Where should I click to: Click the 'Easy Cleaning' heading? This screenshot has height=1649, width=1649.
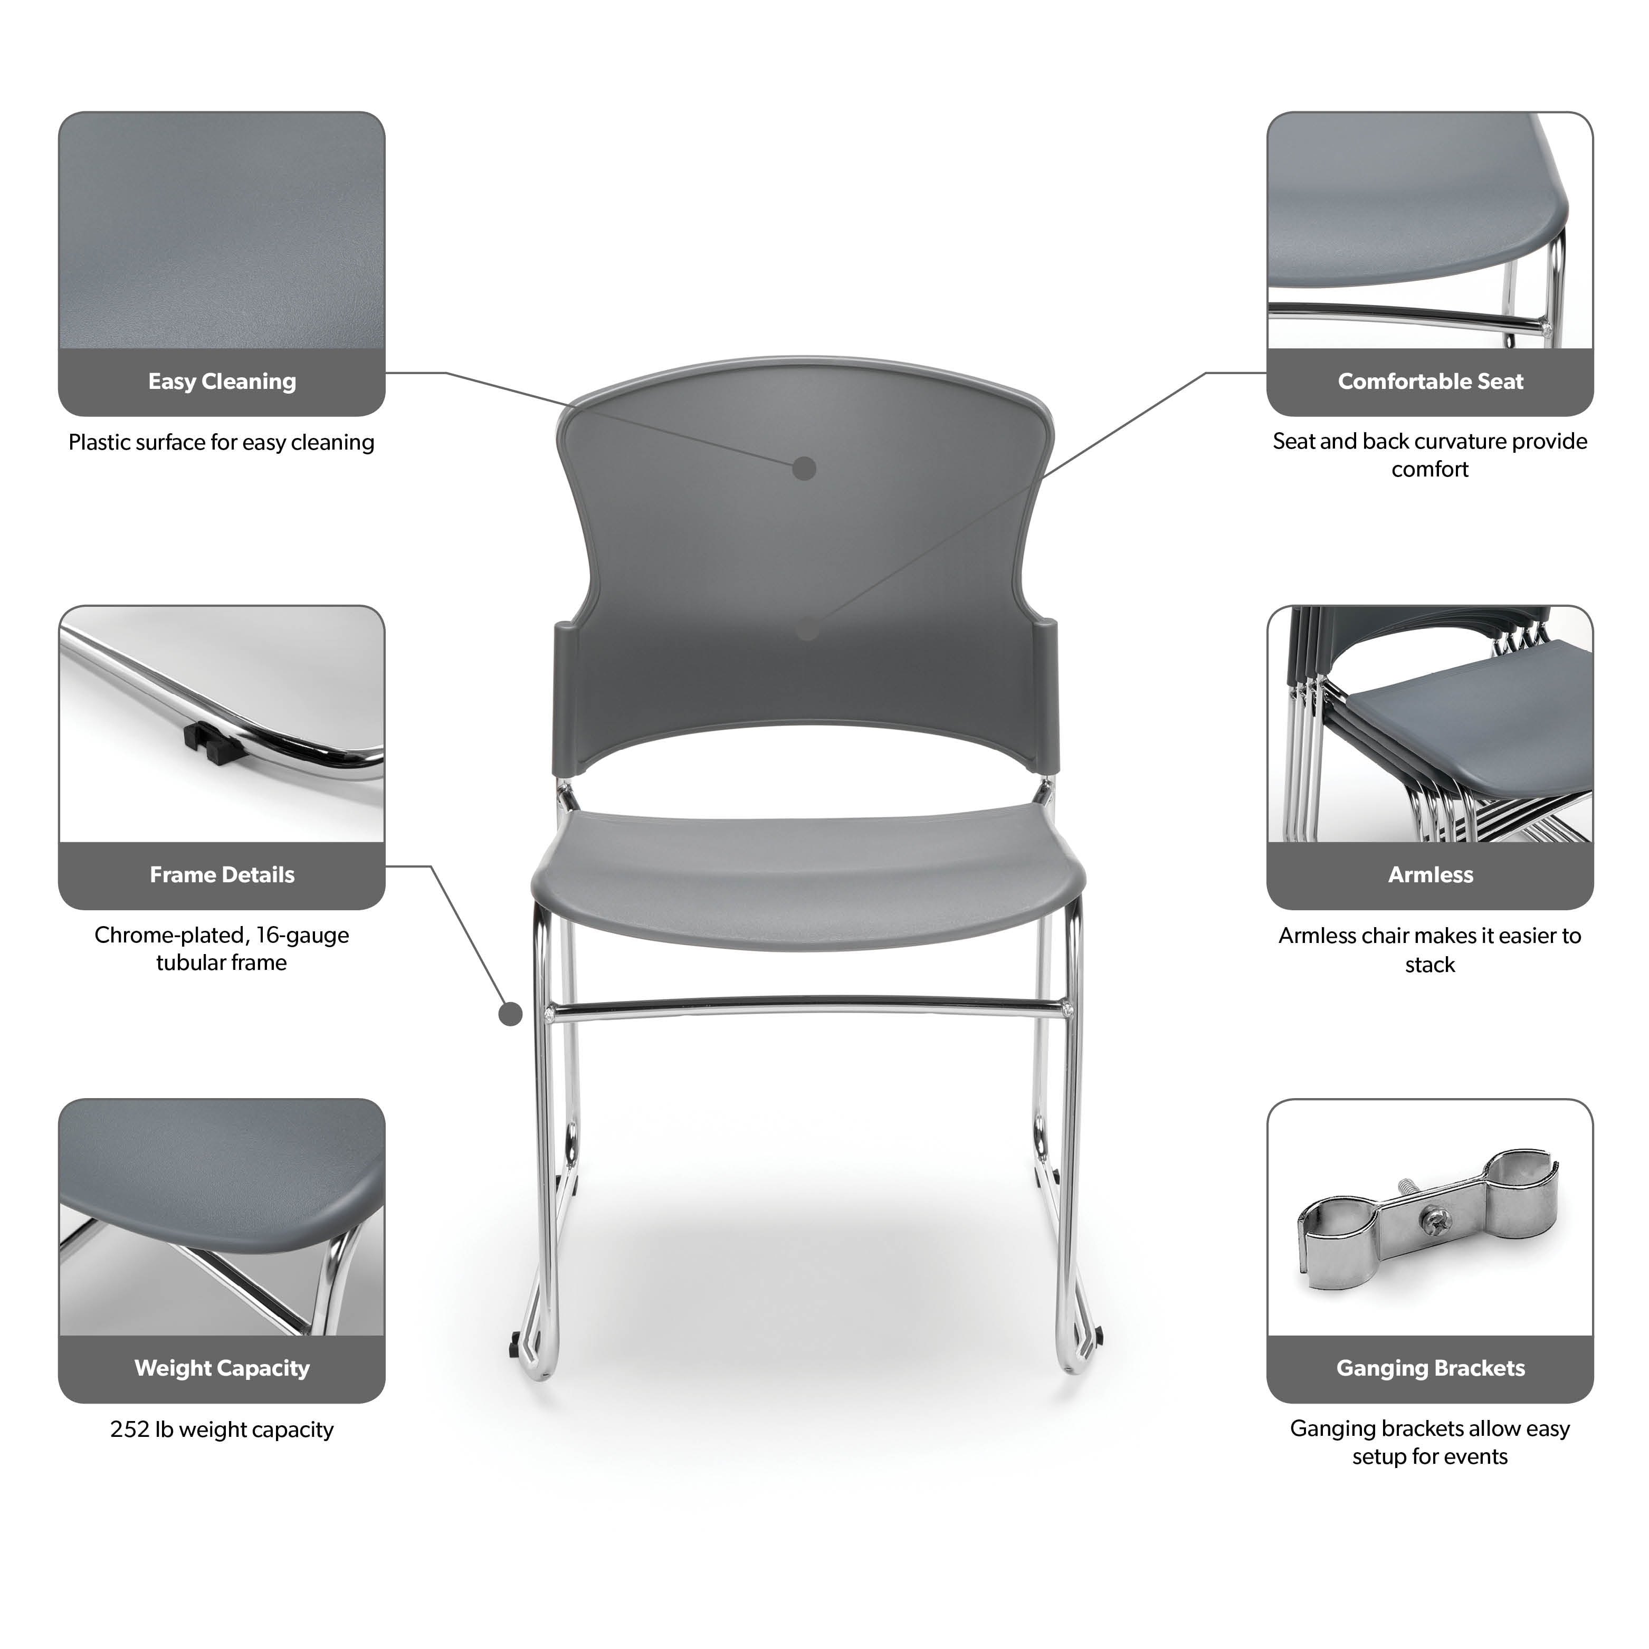(x=222, y=382)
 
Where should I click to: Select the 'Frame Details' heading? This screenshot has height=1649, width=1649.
(x=222, y=875)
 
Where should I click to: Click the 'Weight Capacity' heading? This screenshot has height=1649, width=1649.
(x=222, y=1368)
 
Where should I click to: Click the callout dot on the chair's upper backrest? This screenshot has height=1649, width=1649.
(x=804, y=469)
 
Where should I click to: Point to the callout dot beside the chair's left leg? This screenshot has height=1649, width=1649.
(x=510, y=1014)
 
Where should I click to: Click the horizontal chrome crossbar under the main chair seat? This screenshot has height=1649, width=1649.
(x=807, y=1009)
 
